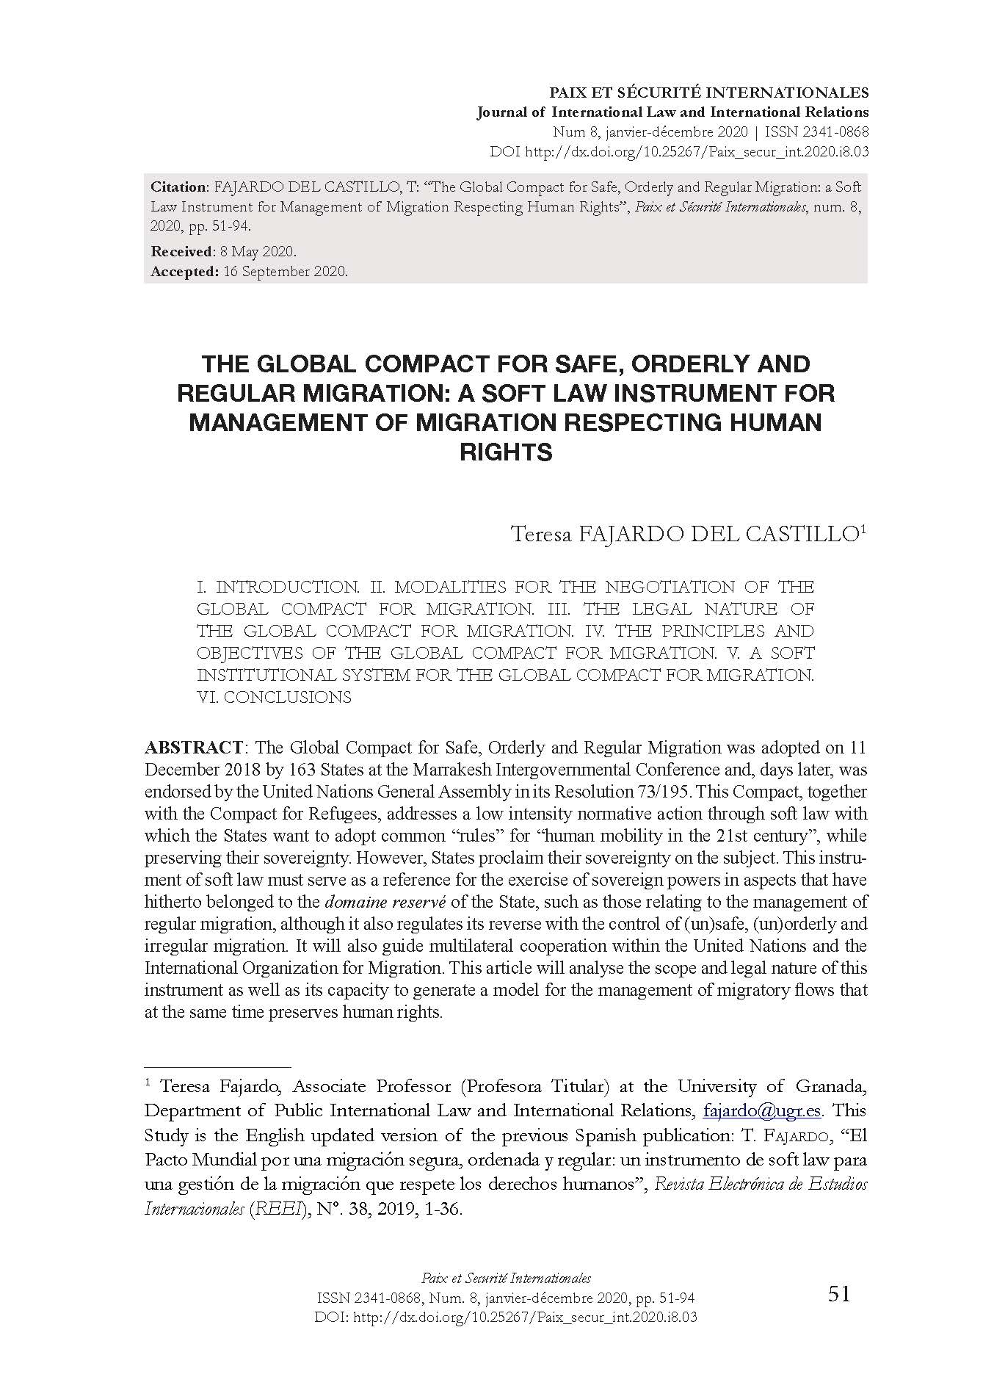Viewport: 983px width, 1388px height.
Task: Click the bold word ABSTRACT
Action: [194, 748]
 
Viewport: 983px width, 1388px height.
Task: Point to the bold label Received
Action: [181, 252]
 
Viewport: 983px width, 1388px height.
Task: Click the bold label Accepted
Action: [184, 271]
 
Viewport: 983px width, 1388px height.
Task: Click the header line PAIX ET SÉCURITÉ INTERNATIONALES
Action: [709, 93]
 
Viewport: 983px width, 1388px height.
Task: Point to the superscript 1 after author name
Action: [863, 527]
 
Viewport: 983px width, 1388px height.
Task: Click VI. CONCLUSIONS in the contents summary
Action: [274, 697]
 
